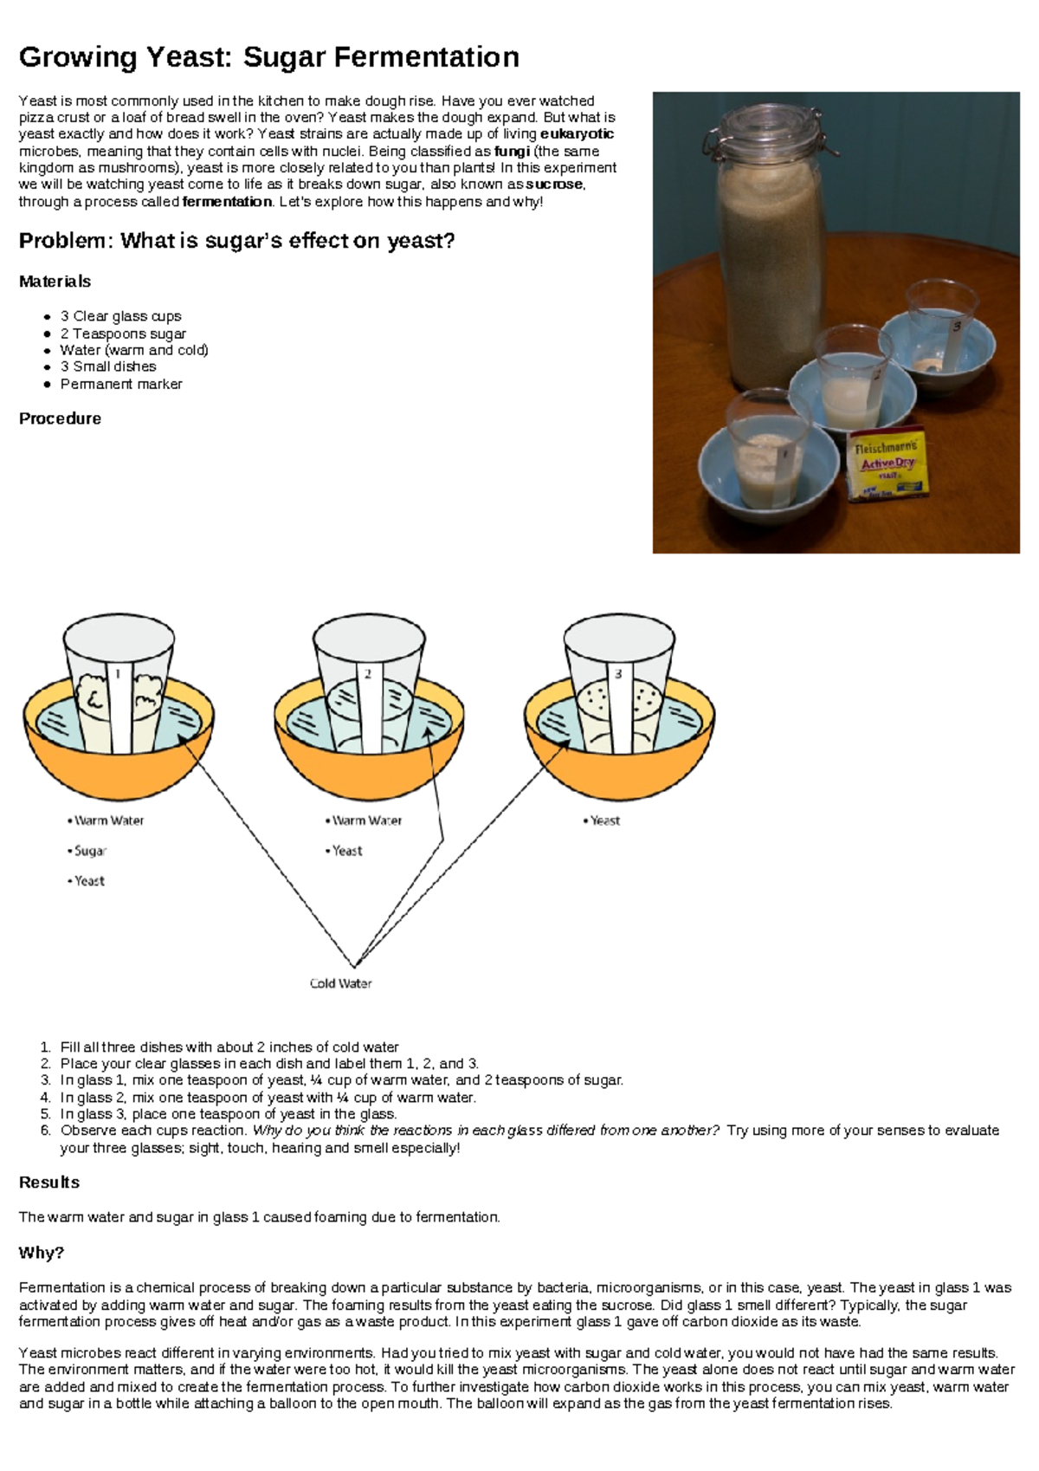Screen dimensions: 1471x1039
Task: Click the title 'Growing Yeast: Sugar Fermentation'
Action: click(268, 57)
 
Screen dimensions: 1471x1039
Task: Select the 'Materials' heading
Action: click(55, 282)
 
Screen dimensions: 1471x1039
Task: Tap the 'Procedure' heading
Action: click(60, 418)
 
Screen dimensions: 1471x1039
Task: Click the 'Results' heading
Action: click(49, 1183)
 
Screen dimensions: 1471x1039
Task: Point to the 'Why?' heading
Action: click(42, 1253)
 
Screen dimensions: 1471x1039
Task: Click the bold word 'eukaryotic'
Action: click(577, 134)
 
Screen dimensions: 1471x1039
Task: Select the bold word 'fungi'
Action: click(512, 151)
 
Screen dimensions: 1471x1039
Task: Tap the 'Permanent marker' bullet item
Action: click(121, 384)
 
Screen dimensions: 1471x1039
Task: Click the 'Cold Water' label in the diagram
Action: click(340, 983)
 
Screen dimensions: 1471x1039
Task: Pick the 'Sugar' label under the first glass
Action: click(90, 851)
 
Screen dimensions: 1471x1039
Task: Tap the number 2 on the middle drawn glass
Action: click(368, 674)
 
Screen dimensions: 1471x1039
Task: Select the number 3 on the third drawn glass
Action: click(618, 674)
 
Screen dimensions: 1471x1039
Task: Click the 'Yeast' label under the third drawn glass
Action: click(604, 820)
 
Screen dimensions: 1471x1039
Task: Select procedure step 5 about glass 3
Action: click(229, 1114)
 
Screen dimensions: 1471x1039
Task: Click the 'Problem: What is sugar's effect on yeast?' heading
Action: click(236, 241)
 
